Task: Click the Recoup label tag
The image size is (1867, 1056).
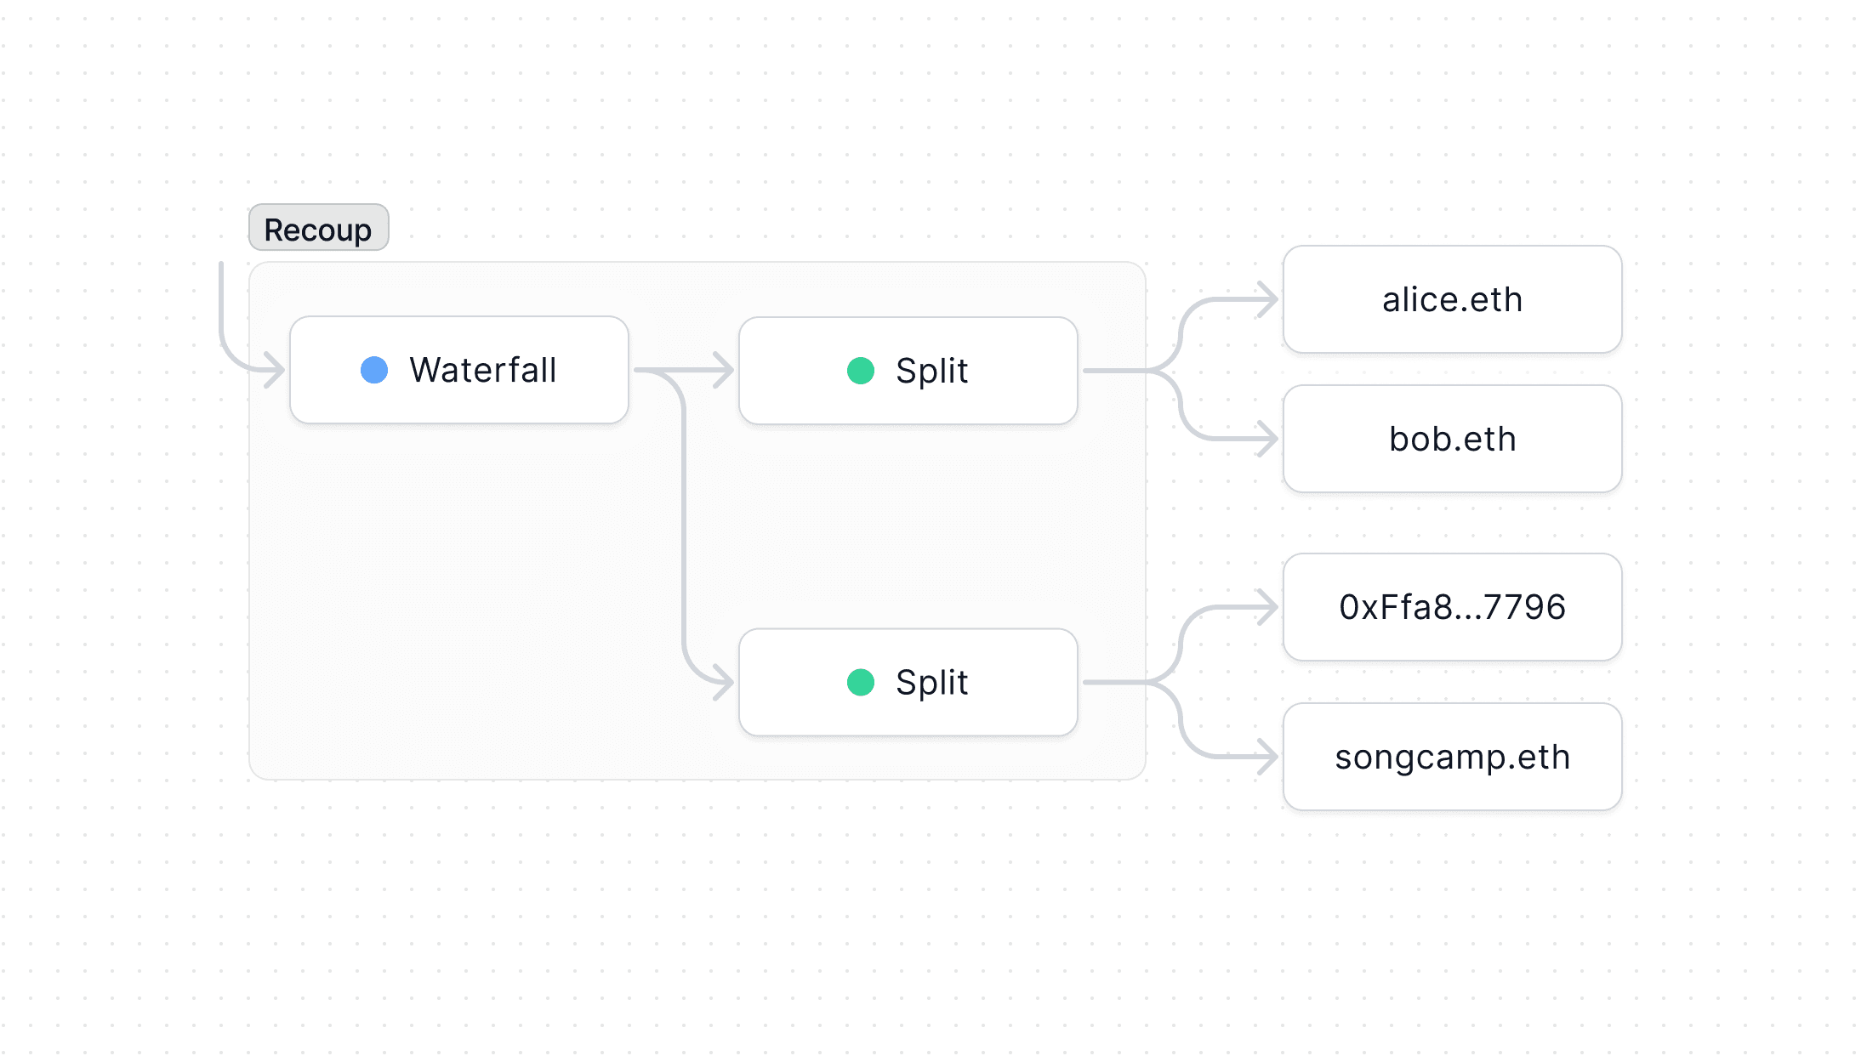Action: [318, 228]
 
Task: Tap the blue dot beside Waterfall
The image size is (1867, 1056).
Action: [374, 370]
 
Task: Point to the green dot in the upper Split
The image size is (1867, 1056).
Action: [861, 371]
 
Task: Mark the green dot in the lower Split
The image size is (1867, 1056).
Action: [861, 682]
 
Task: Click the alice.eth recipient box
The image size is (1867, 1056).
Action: [1452, 299]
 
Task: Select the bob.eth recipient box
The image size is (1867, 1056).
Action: [1452, 439]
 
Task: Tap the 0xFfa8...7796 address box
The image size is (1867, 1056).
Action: [1452, 607]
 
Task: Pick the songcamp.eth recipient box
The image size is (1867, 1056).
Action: [1452, 757]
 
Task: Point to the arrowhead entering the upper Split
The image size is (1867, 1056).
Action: [725, 371]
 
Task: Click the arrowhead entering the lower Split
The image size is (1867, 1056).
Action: [725, 682]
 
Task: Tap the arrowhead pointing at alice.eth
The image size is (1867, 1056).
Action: [1269, 299]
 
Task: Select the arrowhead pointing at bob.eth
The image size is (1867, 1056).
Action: [1269, 439]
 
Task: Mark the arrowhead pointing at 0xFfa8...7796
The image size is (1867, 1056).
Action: [1269, 607]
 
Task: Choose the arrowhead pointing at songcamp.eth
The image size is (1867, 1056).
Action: [1269, 757]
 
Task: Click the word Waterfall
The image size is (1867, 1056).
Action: [483, 370]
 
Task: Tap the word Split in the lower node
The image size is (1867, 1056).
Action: [932, 682]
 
